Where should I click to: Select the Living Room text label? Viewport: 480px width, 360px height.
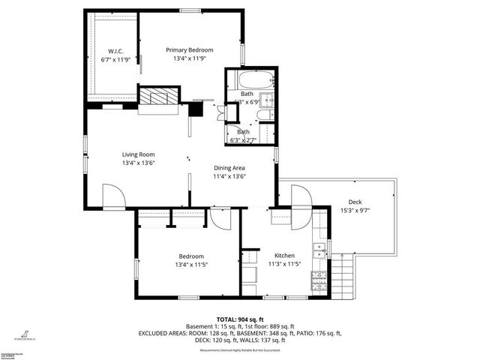(x=138, y=154)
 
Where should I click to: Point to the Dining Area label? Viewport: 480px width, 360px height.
(x=229, y=168)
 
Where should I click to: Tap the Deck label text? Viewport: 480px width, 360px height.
(x=355, y=201)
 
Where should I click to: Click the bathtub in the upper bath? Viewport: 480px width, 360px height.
(x=250, y=79)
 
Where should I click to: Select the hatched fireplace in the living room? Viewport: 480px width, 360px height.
(x=159, y=97)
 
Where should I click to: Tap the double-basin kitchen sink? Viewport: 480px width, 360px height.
(x=319, y=250)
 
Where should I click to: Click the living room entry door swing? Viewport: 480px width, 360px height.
(x=112, y=198)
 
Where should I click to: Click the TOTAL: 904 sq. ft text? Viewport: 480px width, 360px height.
(x=239, y=319)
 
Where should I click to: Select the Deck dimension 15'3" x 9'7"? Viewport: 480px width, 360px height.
(x=355, y=210)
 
